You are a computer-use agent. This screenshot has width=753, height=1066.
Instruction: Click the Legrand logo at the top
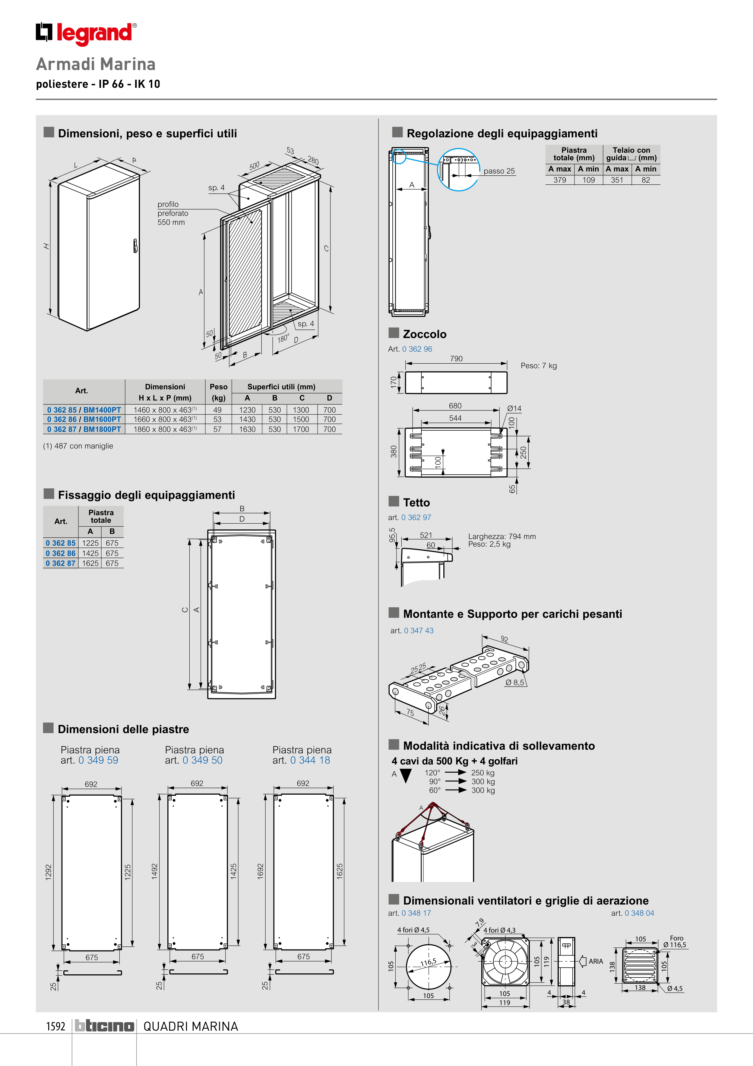(x=86, y=34)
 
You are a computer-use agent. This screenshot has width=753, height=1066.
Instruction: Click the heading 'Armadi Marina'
(x=96, y=64)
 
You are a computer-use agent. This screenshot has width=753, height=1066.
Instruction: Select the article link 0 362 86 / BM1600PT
(x=84, y=419)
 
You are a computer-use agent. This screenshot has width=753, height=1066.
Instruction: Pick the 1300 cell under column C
(x=301, y=410)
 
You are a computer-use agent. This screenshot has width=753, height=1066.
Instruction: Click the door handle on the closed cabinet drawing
(x=135, y=246)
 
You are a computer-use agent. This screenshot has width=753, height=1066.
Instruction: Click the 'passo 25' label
(x=499, y=171)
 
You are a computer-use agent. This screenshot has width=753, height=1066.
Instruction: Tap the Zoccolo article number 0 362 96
(x=417, y=349)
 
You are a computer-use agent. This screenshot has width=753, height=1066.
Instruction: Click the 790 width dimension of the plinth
(x=456, y=359)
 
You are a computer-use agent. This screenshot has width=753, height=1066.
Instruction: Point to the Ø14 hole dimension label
(x=514, y=409)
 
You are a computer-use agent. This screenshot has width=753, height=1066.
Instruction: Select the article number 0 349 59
(x=98, y=761)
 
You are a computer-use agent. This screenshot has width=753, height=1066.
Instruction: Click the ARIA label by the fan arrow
(x=596, y=962)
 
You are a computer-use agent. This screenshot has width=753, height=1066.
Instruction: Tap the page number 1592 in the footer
(x=56, y=1026)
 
